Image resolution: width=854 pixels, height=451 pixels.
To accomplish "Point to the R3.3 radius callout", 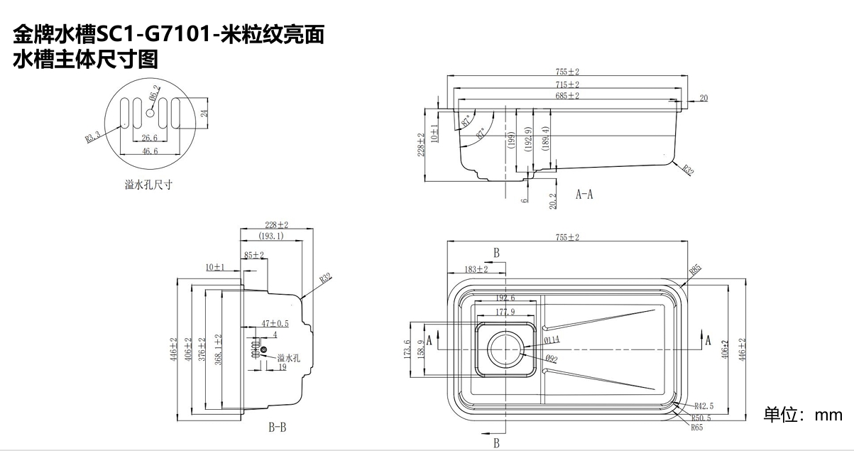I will click(x=93, y=136).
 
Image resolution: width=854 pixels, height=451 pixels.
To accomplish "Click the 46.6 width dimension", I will click(x=149, y=151).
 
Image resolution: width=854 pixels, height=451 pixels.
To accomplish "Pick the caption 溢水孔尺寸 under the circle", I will click(x=149, y=185).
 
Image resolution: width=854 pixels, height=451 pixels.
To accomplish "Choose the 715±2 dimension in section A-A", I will click(x=567, y=84).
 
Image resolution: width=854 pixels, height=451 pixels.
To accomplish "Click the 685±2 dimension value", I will click(x=567, y=95).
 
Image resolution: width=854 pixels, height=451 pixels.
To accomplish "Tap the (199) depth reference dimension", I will click(x=510, y=139).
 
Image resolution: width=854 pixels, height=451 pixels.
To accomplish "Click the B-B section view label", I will click(x=277, y=428).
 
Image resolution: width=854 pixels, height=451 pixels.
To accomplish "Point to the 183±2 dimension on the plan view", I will click(x=476, y=269).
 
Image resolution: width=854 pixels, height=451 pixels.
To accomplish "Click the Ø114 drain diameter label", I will click(x=552, y=339).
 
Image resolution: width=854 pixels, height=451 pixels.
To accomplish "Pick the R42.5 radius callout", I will click(x=704, y=406).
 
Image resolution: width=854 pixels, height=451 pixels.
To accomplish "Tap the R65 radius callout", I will click(x=696, y=428).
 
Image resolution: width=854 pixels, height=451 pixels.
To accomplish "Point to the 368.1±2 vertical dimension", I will click(x=219, y=348).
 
